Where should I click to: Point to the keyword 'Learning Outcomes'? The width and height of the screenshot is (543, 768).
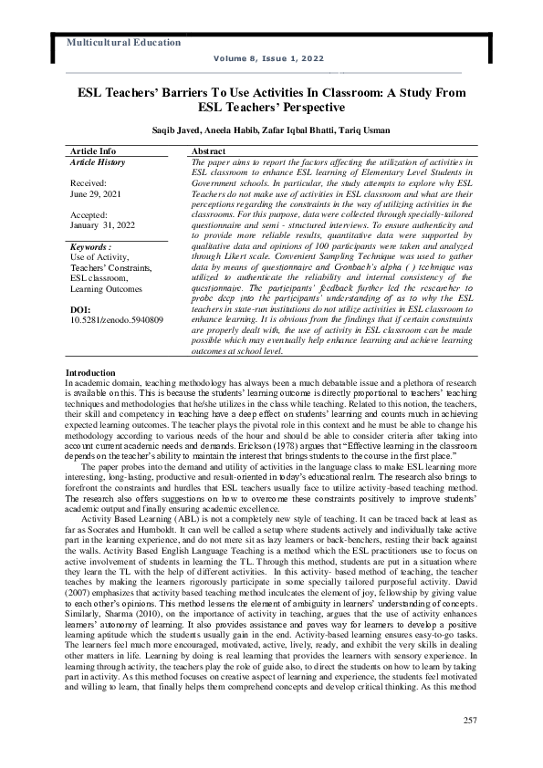pyautogui.click(x=106, y=288)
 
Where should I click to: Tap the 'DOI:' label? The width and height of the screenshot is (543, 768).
pyautogui.click(x=80, y=310)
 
